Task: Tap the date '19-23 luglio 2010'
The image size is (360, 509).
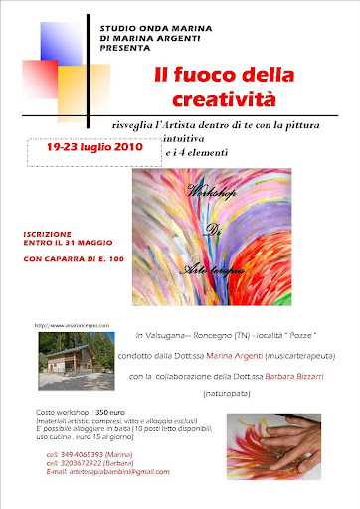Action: (90, 146)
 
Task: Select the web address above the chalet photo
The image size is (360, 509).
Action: (70, 324)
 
